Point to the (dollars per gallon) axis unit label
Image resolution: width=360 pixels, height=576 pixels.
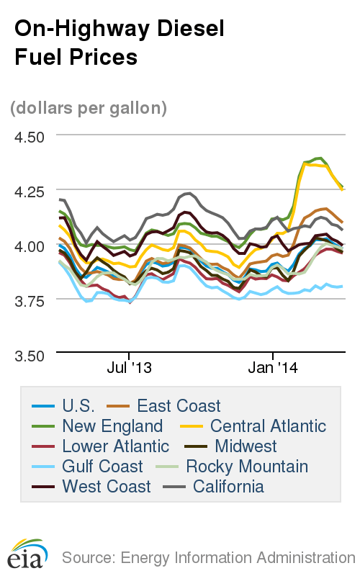pyautogui.click(x=89, y=108)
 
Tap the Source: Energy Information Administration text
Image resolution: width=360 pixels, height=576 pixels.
pyautogui.click(x=209, y=557)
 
